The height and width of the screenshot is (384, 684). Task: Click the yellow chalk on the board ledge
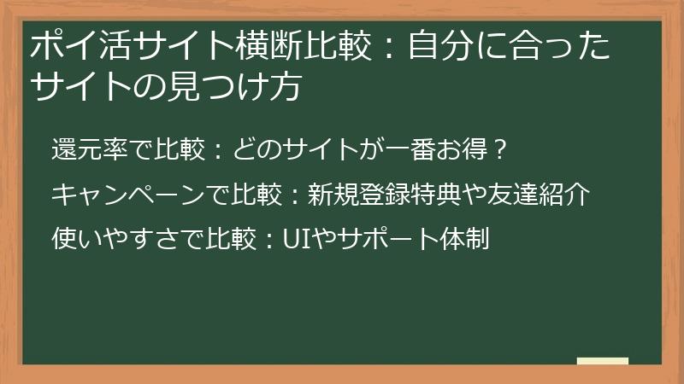pyautogui.click(x=602, y=362)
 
